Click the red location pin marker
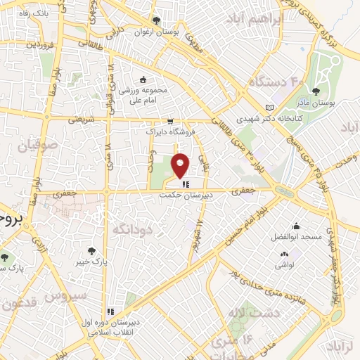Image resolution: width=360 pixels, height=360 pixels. coord(181,165)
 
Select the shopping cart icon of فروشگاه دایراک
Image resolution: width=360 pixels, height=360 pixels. coord(171,121)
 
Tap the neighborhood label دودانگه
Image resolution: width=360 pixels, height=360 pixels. coord(131,229)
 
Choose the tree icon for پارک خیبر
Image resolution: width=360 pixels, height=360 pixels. coord(92,250)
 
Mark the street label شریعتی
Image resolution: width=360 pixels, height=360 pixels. coord(80,120)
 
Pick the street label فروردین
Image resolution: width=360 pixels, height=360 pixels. coord(20,44)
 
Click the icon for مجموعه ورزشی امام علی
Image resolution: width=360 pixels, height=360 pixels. coord(143,79)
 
